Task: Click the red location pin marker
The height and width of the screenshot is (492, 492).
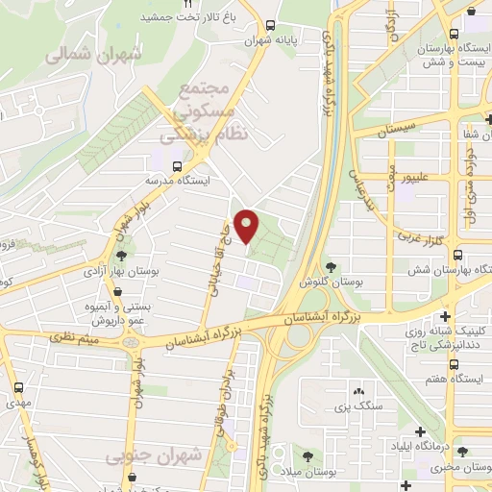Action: (x=247, y=225)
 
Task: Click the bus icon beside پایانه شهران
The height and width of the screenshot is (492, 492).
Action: (x=272, y=27)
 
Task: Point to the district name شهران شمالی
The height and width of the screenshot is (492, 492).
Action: (x=92, y=55)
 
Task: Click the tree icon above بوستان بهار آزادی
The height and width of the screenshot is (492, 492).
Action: (x=121, y=256)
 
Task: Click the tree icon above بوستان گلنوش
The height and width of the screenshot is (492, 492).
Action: (x=331, y=267)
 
